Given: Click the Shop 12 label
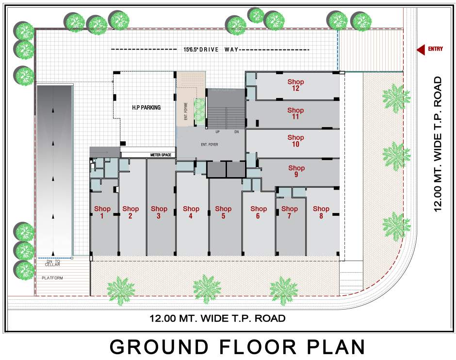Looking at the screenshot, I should click(x=295, y=85).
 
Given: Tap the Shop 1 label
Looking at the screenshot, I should click(x=102, y=212).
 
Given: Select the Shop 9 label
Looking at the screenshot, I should click(x=295, y=171).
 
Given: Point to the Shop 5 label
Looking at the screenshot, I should click(x=223, y=212).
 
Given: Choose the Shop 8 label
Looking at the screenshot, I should click(x=321, y=212).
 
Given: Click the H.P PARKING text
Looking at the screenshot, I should click(x=146, y=107).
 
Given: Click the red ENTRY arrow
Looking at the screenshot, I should click(x=421, y=49).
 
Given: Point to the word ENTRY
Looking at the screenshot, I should click(x=436, y=49).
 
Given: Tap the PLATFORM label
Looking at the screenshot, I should click(x=52, y=278).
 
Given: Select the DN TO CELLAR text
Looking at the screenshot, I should click(x=53, y=263).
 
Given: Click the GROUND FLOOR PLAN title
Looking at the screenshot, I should click(x=237, y=347).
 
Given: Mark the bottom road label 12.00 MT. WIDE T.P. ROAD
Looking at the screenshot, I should click(x=217, y=319).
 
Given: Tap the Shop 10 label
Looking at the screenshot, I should click(x=295, y=141).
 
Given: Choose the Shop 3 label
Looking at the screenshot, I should click(x=159, y=212).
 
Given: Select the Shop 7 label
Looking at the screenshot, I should click(x=289, y=212).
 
